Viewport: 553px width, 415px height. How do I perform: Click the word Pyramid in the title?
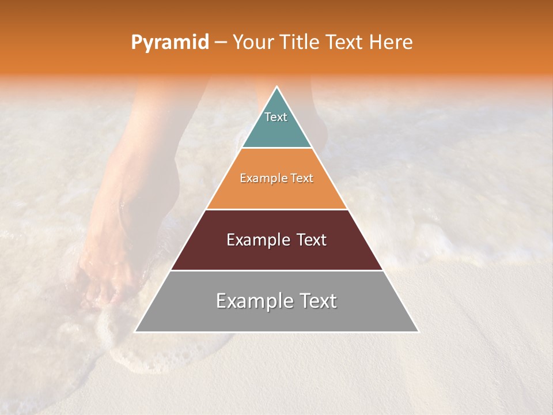coord(169,43)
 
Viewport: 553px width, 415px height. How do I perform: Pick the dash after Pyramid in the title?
coord(221,43)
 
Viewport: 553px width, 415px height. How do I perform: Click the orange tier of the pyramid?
coord(276,193)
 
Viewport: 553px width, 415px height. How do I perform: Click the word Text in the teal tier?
coord(276,117)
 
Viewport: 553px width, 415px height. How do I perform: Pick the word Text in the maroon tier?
coord(311,240)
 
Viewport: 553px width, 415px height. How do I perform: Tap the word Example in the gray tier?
coord(252,301)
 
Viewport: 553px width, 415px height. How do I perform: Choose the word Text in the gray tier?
coord(316,301)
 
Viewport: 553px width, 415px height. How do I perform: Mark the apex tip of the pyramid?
coord(277,87)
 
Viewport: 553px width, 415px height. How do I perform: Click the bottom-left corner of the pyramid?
coord(135,331)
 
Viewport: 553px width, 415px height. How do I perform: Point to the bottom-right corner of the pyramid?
coord(418,331)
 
